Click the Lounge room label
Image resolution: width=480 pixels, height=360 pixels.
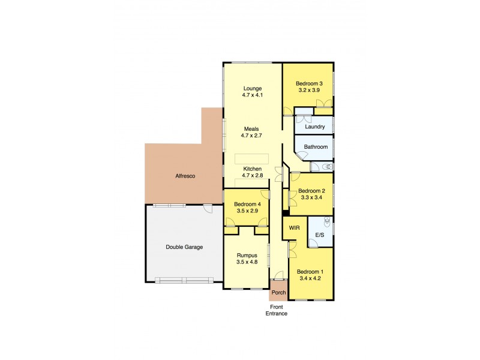point(253,88)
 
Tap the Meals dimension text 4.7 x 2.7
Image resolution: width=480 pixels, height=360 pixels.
point(253,136)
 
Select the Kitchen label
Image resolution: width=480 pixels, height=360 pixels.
point(253,169)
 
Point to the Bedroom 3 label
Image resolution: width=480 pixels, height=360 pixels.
point(310,83)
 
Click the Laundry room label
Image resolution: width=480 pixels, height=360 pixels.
point(315,127)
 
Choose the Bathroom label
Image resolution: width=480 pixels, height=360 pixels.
point(316,146)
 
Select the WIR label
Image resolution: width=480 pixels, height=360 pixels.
point(294,228)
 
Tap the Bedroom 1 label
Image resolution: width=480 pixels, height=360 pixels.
point(310,271)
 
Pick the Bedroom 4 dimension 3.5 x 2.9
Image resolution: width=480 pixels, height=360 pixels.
point(246,211)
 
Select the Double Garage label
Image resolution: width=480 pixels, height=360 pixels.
point(184,247)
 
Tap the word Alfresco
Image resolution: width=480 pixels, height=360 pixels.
point(186,176)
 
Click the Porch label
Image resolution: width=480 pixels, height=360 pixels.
point(278,293)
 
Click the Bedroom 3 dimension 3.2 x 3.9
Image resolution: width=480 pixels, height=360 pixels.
point(310,90)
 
